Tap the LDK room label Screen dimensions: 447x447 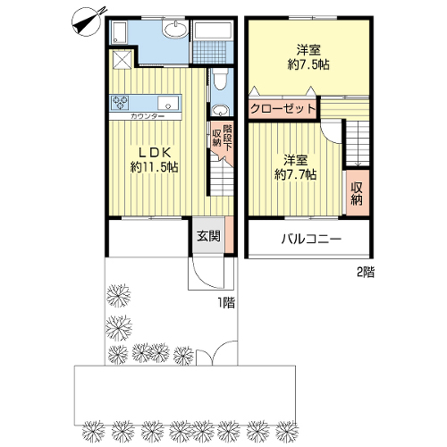pos(155,153)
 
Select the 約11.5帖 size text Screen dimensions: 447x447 pos(155,167)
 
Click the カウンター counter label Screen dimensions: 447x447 pos(147,116)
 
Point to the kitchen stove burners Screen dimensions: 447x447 pos(120,103)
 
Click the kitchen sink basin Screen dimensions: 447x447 pos(168,103)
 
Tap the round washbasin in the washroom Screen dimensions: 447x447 pos(175,29)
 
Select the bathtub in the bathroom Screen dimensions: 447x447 pos(212,30)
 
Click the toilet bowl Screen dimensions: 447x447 pos(220,79)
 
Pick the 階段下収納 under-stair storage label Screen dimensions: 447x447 pos(222,136)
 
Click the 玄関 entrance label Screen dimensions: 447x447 pos(208,236)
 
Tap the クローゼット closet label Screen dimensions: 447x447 pos(283,108)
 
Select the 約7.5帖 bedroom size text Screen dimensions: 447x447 pos(308,64)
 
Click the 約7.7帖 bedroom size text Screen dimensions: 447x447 pos(295,174)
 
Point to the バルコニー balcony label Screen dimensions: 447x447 pos(311,239)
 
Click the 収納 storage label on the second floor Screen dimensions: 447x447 pos(357,193)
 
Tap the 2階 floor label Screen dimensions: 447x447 pos(366,272)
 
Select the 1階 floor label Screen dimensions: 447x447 pos(226,303)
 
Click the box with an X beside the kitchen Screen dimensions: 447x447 pos(122,59)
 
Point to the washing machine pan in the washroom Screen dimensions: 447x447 pos(120,32)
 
